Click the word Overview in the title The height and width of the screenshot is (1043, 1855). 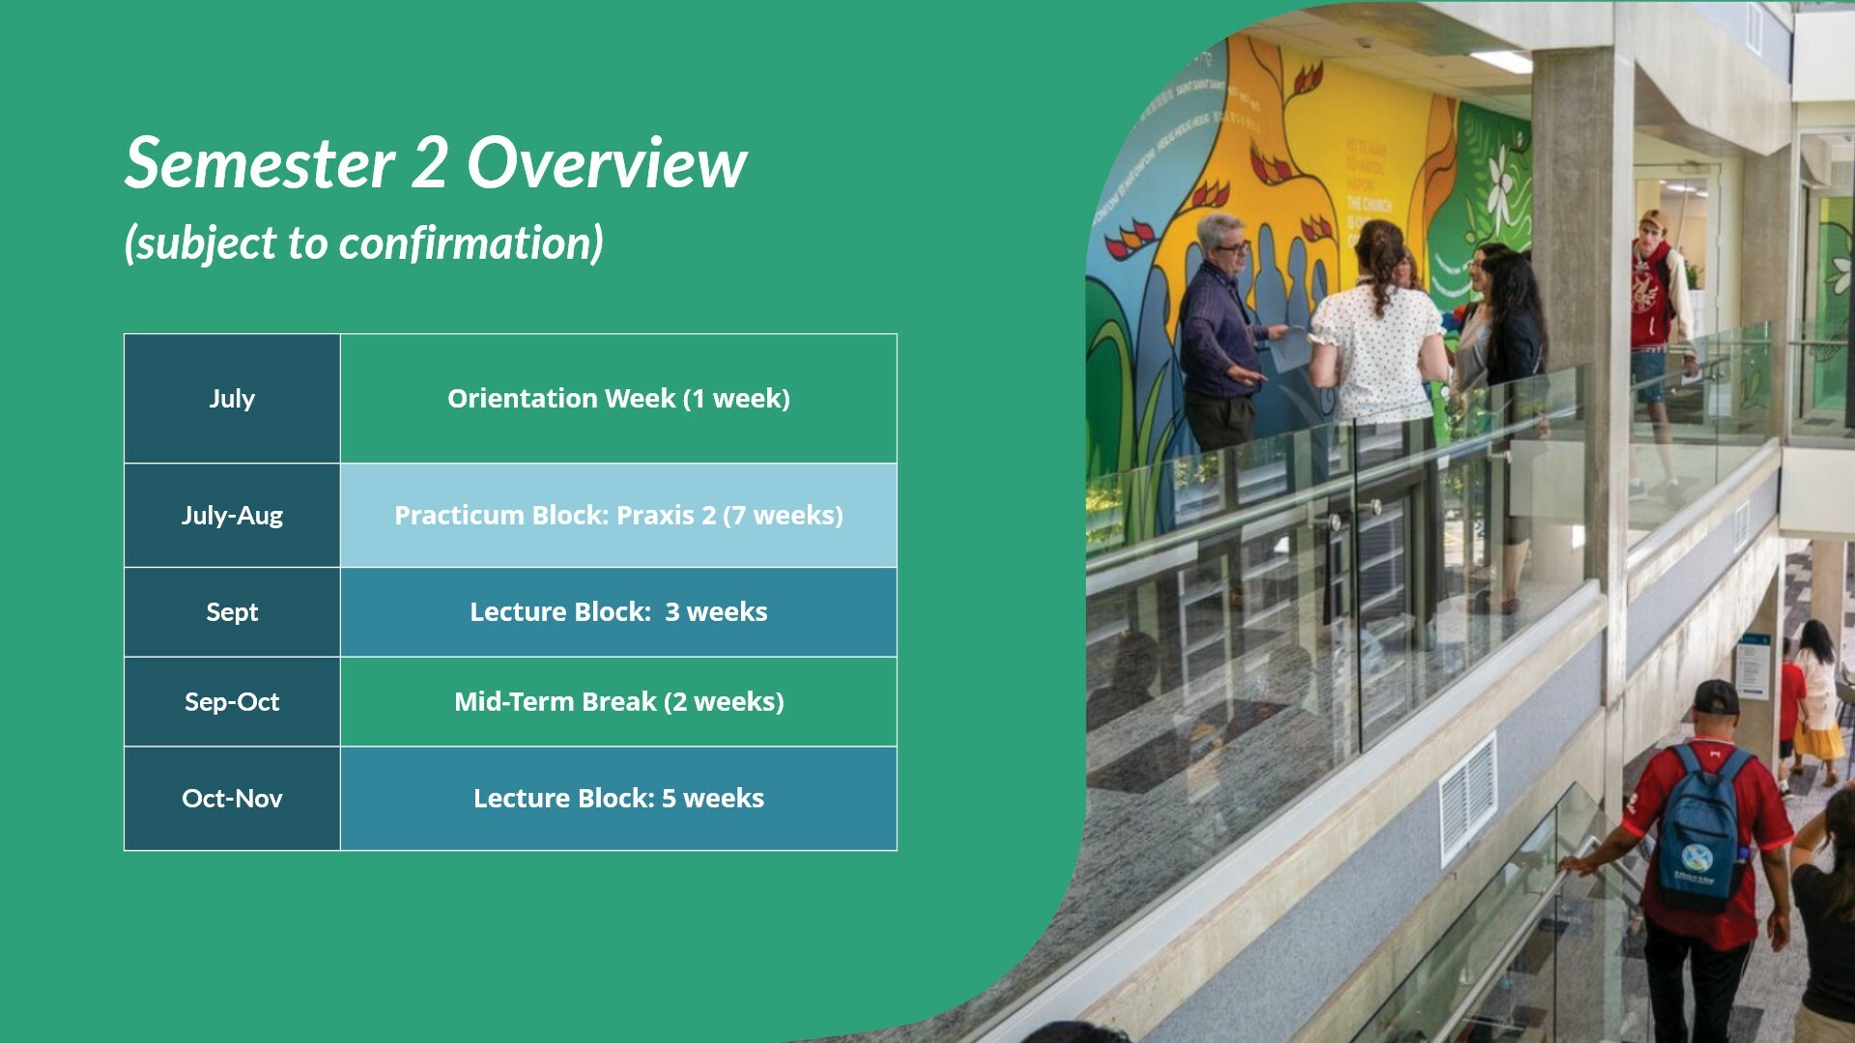point(607,163)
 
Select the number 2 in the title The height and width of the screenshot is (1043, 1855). point(429,163)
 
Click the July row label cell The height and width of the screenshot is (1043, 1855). point(232,398)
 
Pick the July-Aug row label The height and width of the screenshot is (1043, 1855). point(232,515)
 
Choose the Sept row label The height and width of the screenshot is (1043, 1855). point(232,612)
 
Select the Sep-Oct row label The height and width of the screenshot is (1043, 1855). point(232,702)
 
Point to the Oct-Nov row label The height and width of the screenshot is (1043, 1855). point(232,799)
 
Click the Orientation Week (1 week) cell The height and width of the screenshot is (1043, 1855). point(618,398)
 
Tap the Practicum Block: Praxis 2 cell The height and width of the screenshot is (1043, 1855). point(618,515)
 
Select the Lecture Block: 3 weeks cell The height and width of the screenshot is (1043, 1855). point(618,612)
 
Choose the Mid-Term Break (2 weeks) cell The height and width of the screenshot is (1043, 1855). point(618,702)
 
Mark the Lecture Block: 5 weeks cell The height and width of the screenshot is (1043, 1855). point(618,799)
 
